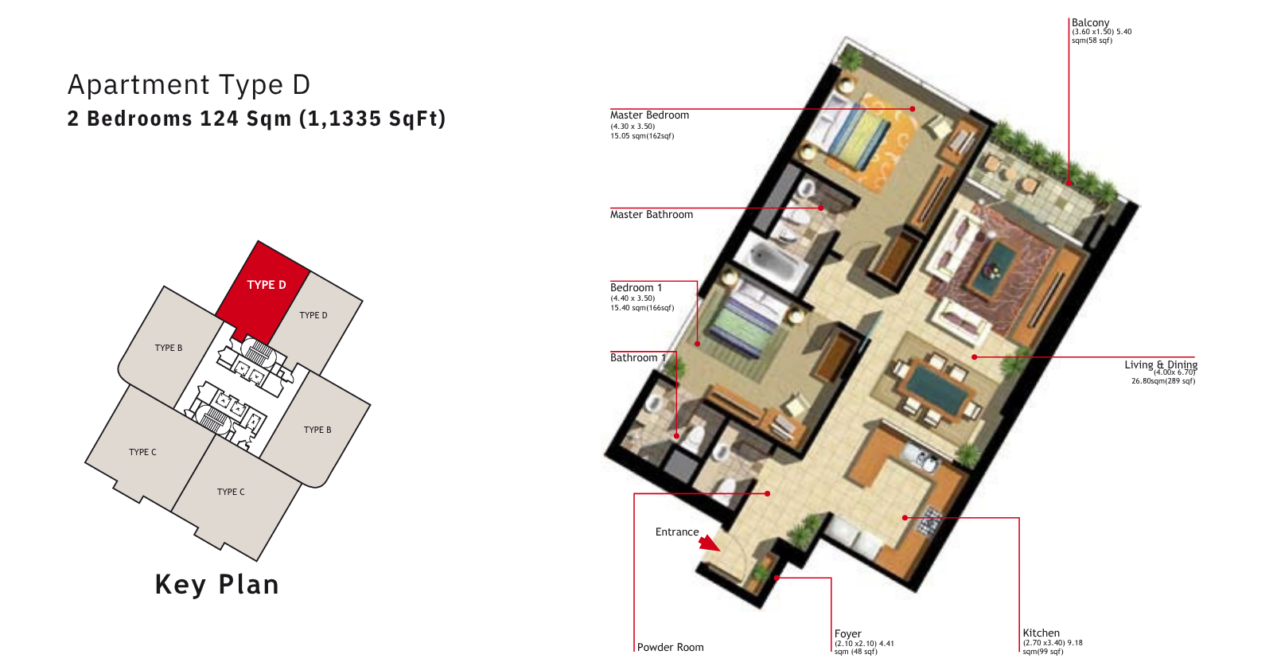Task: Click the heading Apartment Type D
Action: coord(189,84)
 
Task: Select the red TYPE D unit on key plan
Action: coord(262,289)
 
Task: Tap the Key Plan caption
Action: coord(217,585)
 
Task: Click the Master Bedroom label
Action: coord(649,115)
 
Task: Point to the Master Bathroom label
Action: coord(652,214)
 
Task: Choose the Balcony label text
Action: coord(1090,23)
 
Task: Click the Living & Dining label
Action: coord(1161,364)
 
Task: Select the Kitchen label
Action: coord(1041,633)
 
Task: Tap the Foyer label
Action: coord(847,633)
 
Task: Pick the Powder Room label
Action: coord(670,647)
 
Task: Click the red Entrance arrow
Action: coord(709,543)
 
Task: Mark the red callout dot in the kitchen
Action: coord(905,518)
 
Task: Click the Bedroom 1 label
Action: coord(636,287)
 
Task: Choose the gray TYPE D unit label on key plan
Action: coord(313,315)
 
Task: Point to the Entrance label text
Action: coord(677,532)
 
